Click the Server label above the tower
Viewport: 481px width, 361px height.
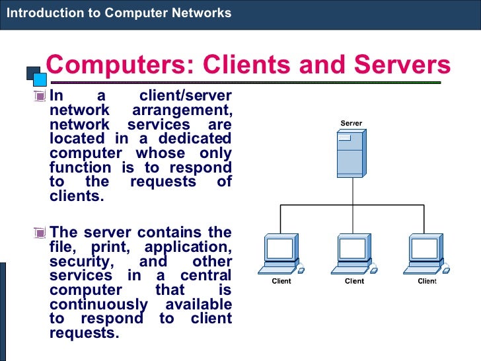tap(351, 124)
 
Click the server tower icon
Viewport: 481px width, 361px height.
tap(350, 151)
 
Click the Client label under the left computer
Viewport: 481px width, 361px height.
tap(281, 281)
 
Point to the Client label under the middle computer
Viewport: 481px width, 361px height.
tap(354, 281)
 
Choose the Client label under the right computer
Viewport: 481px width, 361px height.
tap(427, 281)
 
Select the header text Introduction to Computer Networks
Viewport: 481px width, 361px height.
tap(119, 13)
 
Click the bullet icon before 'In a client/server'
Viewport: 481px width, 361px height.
tap(42, 97)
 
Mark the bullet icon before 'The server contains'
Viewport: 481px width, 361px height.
tap(42, 233)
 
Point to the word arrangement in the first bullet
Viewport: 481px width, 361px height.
tap(182, 110)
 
